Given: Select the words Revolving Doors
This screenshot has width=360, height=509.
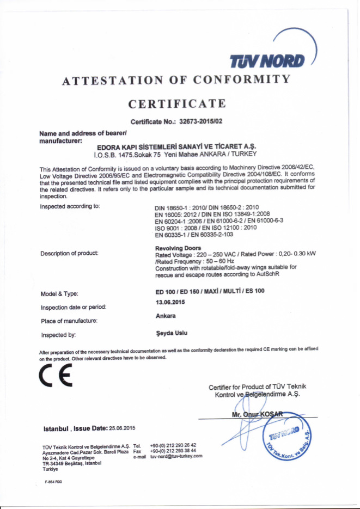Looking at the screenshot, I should [178, 248].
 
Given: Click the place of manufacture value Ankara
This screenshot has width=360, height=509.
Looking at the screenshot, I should [166, 316].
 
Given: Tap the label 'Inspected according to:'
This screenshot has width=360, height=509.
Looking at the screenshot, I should [70, 207].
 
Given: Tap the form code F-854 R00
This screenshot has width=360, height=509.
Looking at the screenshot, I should [54, 481].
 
